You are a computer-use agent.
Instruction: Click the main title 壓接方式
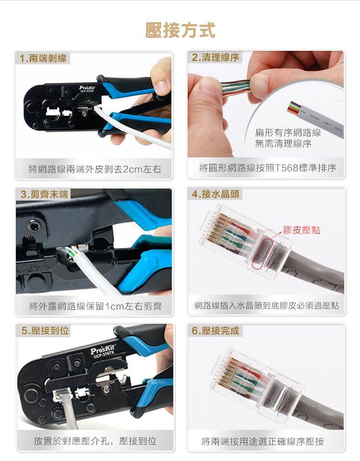tap(180, 30)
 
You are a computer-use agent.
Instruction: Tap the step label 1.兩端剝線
tap(43, 59)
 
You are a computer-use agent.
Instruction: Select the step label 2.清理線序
tap(215, 58)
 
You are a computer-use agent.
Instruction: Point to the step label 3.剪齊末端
tap(43, 194)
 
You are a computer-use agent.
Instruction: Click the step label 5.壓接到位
tap(43, 331)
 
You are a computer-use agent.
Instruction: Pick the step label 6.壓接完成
tap(215, 331)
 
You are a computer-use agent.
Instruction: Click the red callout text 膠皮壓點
tap(301, 230)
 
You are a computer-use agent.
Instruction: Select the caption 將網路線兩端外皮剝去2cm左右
tap(95, 169)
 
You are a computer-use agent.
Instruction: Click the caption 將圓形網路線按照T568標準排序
tap(267, 168)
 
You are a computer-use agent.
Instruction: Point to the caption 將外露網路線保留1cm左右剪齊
tap(95, 306)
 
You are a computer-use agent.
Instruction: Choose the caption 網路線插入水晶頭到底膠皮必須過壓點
tap(267, 305)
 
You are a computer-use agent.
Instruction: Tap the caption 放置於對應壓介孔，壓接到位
tap(95, 441)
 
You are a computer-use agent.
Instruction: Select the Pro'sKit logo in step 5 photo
tap(104, 349)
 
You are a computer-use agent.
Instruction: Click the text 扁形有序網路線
tap(288, 132)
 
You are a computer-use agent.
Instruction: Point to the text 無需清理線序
tap(283, 143)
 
